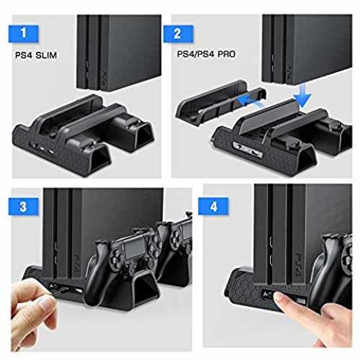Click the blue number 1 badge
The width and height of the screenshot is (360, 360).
coord(24,34)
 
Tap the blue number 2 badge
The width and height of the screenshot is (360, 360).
coord(178,34)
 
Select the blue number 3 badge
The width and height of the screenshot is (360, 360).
coord(24,207)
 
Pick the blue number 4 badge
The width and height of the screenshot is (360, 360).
coord(213,207)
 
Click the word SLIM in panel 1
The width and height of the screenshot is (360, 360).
coord(46,55)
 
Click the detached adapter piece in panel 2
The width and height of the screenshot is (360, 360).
coord(220,102)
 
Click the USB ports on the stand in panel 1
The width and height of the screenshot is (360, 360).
coord(43,149)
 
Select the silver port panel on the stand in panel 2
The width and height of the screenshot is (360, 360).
coord(247,149)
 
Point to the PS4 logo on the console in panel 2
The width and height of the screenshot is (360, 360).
coord(290,71)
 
